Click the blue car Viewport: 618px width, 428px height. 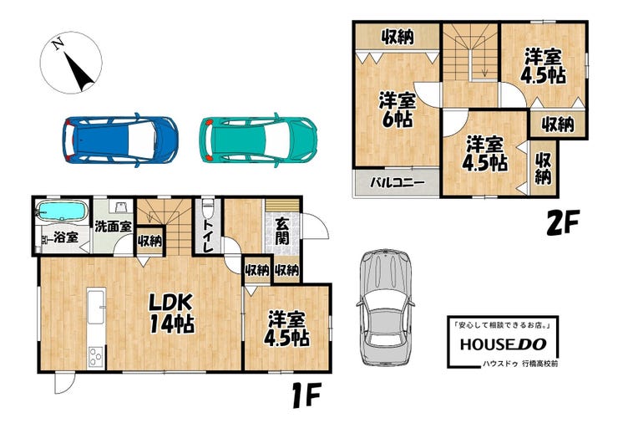(x=119, y=140)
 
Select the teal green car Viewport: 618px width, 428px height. (x=258, y=140)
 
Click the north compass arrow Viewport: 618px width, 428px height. (x=79, y=71)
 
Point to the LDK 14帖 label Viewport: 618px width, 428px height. (x=171, y=313)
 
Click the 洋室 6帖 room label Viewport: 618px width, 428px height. (x=398, y=110)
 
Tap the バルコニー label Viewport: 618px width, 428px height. (x=398, y=182)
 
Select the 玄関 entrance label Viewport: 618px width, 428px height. (x=282, y=231)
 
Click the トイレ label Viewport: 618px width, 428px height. (x=208, y=235)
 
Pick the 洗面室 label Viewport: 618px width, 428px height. (x=113, y=227)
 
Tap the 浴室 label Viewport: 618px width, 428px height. (x=66, y=237)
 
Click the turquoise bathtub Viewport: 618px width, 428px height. (x=62, y=211)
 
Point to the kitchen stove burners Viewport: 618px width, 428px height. (x=96, y=357)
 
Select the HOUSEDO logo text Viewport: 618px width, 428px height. (x=503, y=344)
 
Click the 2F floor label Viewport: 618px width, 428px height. (x=562, y=223)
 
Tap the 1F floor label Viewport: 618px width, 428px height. (x=306, y=395)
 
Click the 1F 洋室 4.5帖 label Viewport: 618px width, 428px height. (x=286, y=329)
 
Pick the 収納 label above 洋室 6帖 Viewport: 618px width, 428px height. (x=398, y=37)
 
